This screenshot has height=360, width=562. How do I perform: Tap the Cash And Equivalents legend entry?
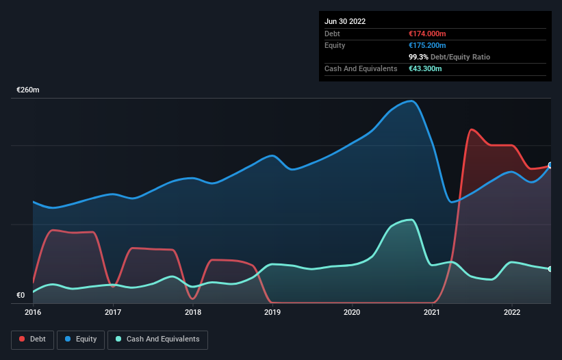[x=157, y=339]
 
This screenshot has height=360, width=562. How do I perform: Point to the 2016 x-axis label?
[x=33, y=312]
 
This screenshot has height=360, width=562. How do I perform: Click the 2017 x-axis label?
[x=113, y=312]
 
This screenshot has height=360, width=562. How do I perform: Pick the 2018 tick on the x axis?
[x=193, y=312]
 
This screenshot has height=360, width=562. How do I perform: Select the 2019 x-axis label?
[x=272, y=312]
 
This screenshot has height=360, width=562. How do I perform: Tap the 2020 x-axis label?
[x=353, y=312]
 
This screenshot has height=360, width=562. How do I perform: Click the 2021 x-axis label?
[x=432, y=312]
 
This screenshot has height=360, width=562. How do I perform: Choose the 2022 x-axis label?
[x=511, y=312]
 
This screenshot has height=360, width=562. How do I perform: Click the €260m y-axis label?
[x=28, y=90]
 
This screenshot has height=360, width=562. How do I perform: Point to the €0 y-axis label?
[x=21, y=296]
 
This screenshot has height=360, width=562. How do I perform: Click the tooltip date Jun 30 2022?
[x=345, y=21]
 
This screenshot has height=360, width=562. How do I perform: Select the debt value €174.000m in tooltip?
[x=426, y=34]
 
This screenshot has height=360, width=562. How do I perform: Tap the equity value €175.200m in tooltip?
[x=426, y=45]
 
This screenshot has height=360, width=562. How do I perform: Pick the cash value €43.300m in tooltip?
[x=424, y=68]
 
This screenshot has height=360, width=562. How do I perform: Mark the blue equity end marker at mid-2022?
[x=550, y=166]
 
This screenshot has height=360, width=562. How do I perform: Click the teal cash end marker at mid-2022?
[x=550, y=269]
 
